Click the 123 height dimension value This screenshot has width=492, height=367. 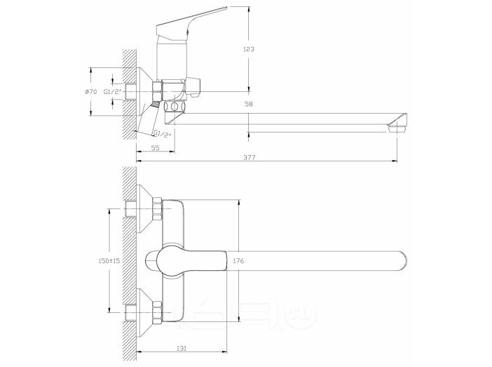[x=249, y=49]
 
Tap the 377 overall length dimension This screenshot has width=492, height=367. [x=250, y=157]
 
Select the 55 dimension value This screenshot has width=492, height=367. [x=156, y=147]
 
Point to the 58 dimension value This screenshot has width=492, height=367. [x=249, y=104]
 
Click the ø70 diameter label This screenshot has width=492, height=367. [x=91, y=92]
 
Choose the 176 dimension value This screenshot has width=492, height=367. [x=238, y=260]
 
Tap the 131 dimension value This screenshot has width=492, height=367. [x=182, y=349]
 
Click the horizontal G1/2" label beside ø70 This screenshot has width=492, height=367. [x=112, y=92]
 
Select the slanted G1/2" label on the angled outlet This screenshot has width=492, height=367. [x=162, y=134]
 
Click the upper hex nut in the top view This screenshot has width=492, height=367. [x=157, y=209]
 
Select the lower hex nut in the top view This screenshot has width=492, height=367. [x=157, y=313]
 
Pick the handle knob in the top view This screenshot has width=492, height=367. [x=186, y=261]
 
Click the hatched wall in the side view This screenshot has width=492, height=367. [x=129, y=94]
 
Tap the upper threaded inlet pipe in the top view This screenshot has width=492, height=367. [x=131, y=209]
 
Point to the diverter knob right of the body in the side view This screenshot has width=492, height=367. [x=193, y=86]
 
